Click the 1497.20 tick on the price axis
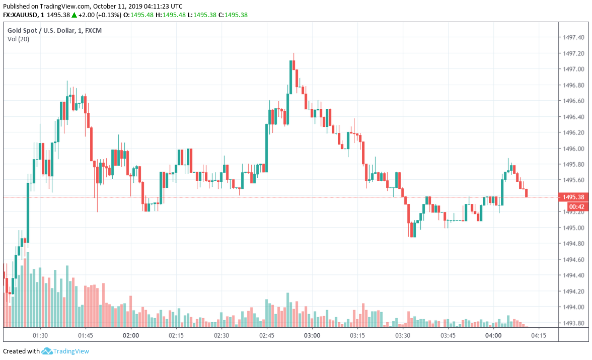574,53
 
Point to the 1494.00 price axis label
574,307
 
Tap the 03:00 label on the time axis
312,335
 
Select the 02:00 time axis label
131,335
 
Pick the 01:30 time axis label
40,335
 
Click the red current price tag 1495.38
574,197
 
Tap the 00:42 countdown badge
576,206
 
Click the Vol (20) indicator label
18,39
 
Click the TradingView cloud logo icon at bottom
47,351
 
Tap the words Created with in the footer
21,351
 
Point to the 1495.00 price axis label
574,228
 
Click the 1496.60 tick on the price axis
574,101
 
